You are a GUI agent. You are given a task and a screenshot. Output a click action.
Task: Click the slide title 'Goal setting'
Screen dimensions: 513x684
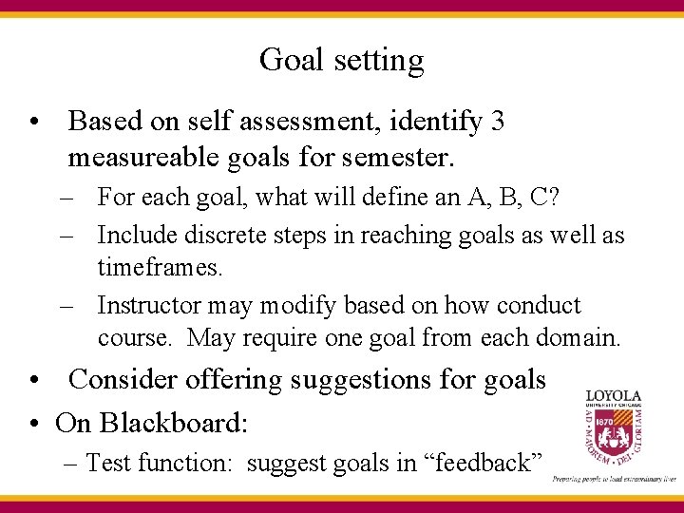pos(341,61)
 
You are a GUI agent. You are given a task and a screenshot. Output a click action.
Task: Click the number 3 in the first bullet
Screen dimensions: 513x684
pos(499,122)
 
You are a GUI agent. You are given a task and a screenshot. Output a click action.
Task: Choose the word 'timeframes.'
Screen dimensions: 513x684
pos(161,269)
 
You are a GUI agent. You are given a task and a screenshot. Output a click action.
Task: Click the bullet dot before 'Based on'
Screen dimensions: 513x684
pos(33,123)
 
